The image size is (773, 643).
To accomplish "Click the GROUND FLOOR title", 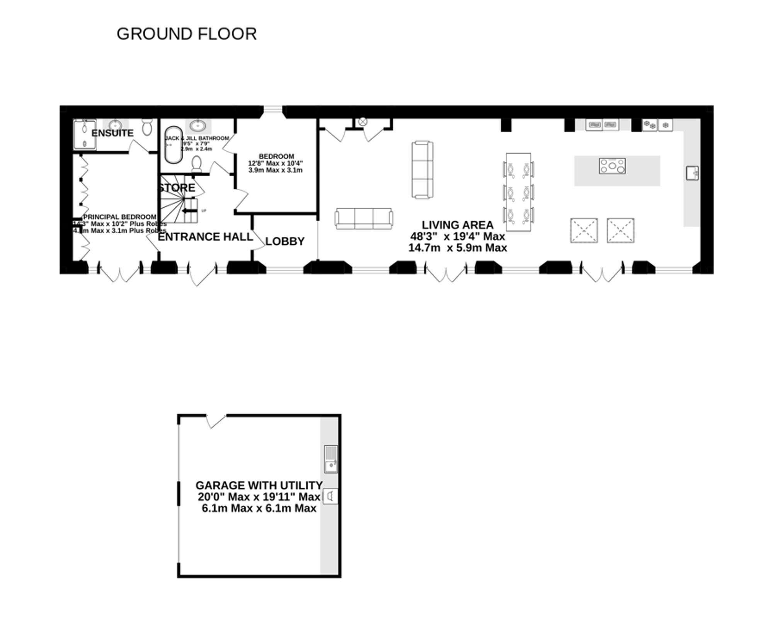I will coord(187,34).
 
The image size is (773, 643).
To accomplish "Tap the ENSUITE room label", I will coord(112,133).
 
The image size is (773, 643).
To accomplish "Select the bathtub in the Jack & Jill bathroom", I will coord(173,145).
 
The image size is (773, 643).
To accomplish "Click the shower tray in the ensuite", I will coord(84,134).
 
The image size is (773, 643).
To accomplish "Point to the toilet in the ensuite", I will coord(147,126).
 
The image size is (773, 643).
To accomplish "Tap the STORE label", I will coord(177,188).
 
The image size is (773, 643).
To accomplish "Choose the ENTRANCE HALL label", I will coord(205,237).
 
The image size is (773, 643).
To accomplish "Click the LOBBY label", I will coord(285,241).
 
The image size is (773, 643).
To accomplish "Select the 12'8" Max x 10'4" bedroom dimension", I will coord(275,163).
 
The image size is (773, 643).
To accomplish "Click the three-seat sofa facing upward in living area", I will coord(364,219).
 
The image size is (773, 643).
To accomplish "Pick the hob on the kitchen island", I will coord(612,166).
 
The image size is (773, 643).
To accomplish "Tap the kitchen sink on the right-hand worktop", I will coord(692,173).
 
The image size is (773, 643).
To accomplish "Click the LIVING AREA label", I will coord(457,225).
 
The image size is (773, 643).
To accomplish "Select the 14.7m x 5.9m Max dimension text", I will coord(457,248).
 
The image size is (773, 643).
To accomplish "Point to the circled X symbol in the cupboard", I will coord(362,122).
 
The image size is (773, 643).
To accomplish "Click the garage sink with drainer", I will coord(331,459).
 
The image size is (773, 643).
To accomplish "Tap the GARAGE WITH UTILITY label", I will coord(259,485).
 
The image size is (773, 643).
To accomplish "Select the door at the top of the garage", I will coord(216,420).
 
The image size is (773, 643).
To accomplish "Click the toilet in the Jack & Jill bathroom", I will coord(197,164).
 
